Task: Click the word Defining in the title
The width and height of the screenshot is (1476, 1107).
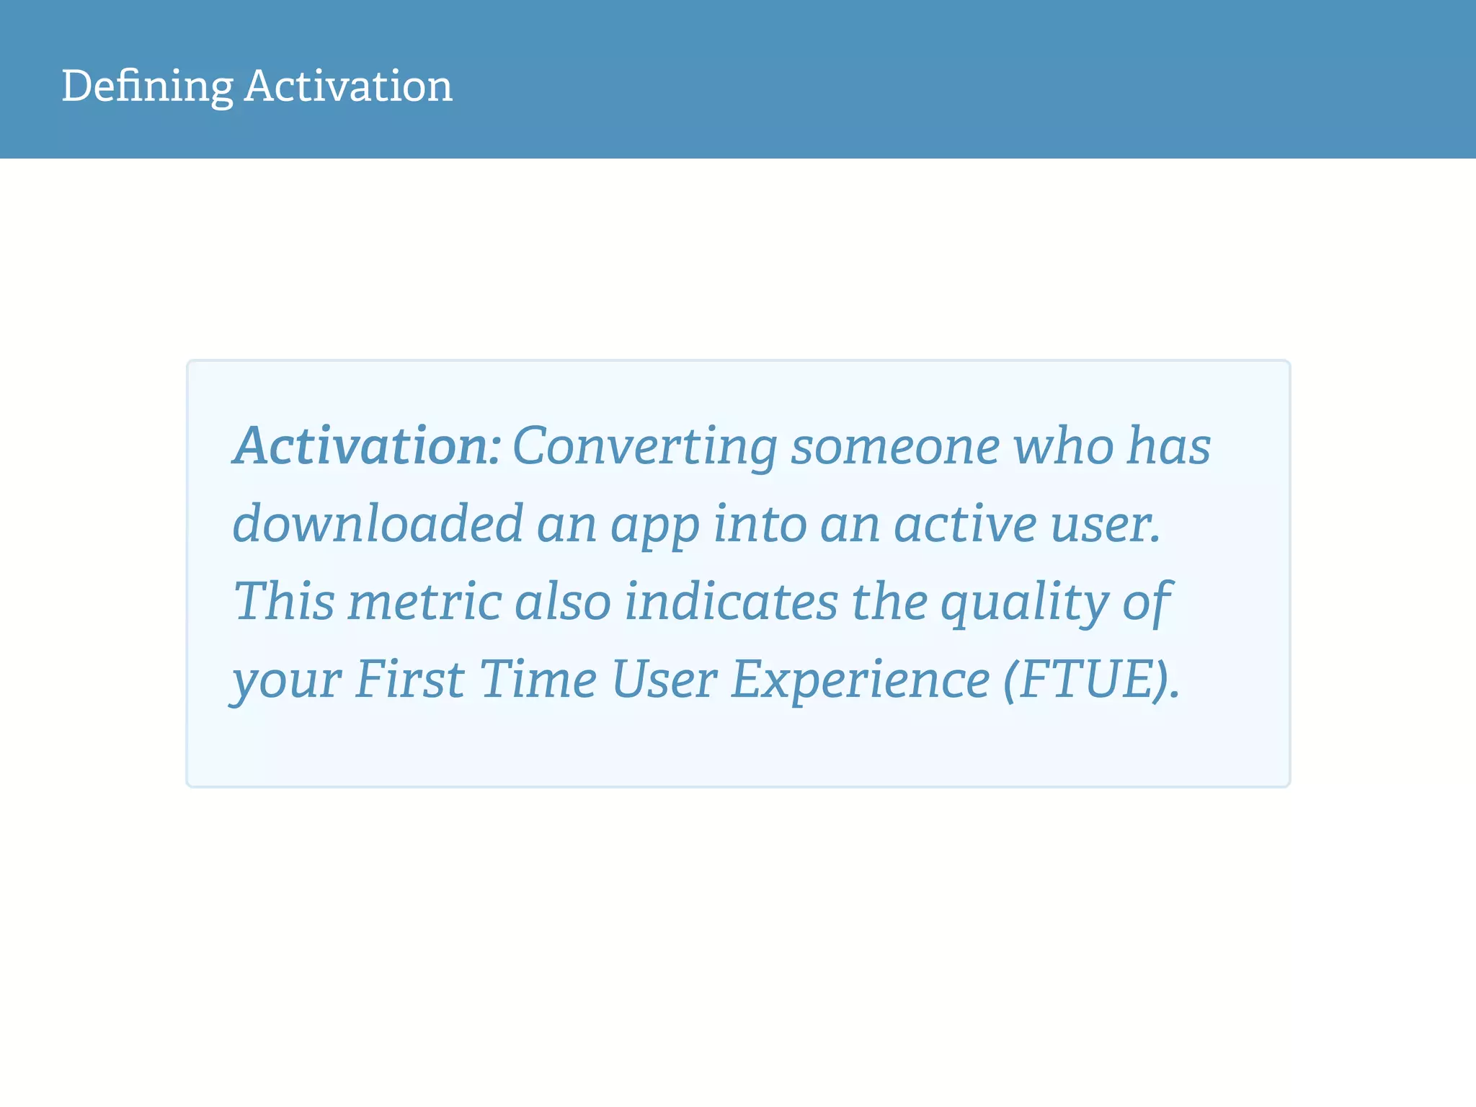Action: click(x=147, y=86)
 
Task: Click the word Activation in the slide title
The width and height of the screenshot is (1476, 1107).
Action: click(x=348, y=86)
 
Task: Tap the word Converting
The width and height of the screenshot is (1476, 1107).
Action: click(x=645, y=448)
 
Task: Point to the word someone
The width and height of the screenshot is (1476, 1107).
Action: click(x=895, y=446)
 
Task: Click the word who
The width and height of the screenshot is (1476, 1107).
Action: click(x=1063, y=446)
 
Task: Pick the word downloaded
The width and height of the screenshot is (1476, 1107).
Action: click(x=378, y=524)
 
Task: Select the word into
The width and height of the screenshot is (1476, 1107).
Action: click(x=760, y=524)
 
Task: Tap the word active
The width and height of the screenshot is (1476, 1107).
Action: click(x=965, y=524)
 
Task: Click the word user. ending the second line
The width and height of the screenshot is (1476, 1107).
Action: click(x=1106, y=524)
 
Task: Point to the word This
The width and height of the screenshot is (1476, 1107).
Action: click(x=284, y=601)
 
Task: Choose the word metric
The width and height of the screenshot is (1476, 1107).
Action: click(x=424, y=601)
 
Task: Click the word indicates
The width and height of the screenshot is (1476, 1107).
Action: click(x=731, y=601)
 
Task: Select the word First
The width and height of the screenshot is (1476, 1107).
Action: click(x=409, y=679)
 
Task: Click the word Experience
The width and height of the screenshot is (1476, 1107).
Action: click(x=861, y=680)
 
